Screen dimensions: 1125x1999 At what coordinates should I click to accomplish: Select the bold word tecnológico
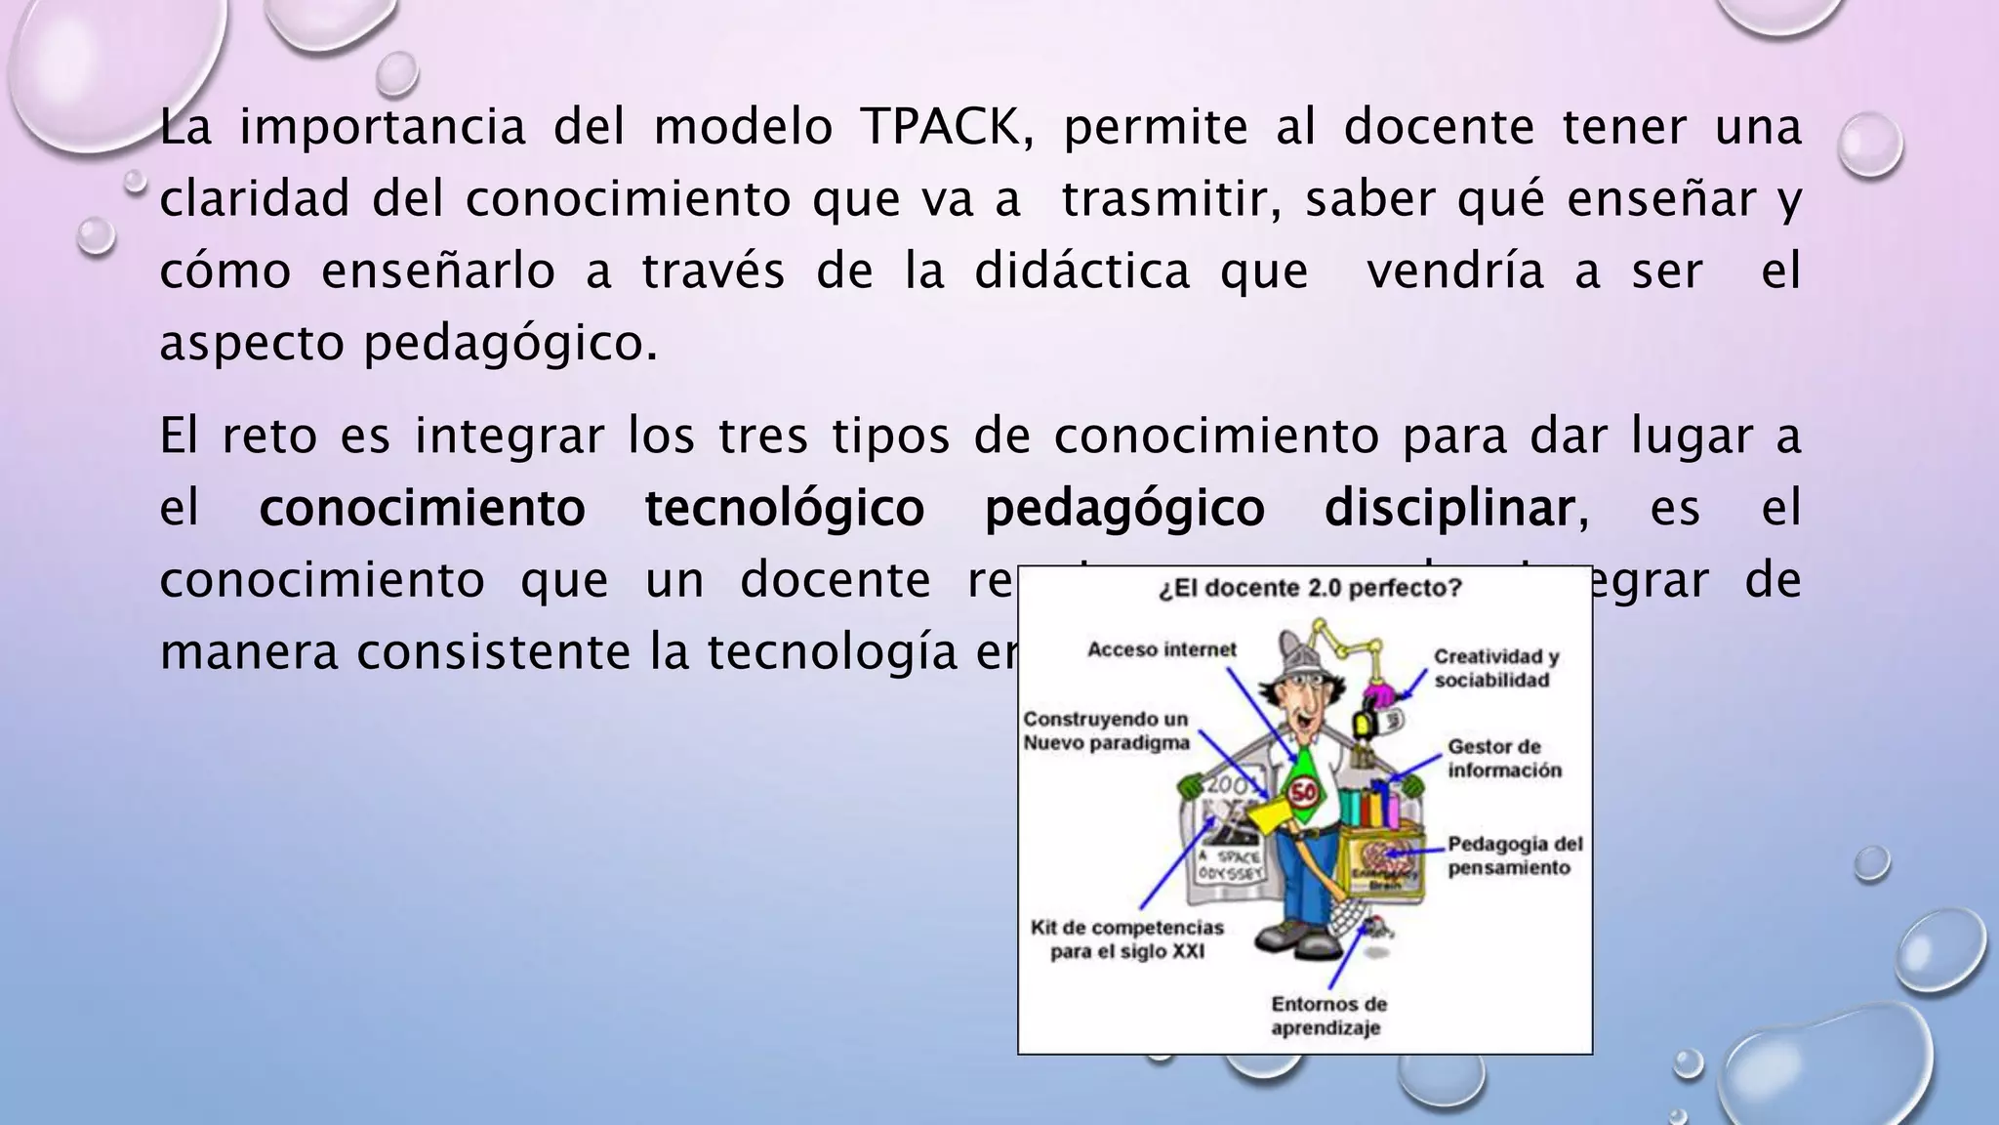785,509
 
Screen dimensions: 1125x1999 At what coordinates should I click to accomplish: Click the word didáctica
1082,271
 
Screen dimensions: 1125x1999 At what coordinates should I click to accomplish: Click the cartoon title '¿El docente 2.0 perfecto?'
1310,589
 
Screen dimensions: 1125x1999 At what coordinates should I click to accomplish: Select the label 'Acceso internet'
1162,649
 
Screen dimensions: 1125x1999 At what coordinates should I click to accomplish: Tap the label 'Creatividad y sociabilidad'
1495,668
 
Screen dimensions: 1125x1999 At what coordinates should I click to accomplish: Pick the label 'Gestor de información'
1504,759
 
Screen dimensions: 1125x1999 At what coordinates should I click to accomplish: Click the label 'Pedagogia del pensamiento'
1515,855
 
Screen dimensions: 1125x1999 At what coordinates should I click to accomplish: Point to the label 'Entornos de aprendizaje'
1327,1016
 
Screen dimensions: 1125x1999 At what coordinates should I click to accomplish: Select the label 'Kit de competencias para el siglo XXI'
1126,938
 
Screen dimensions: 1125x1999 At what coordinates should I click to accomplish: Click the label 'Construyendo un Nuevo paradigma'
1106,730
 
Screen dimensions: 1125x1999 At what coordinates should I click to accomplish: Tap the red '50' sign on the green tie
1304,792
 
